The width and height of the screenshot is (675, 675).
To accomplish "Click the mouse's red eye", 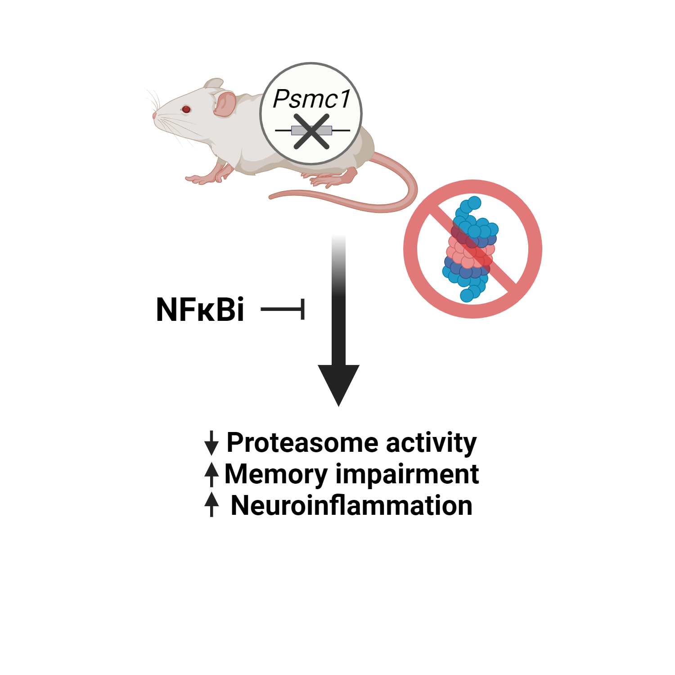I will click(x=186, y=109).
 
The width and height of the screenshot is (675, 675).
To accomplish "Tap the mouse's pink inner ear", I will click(x=225, y=104).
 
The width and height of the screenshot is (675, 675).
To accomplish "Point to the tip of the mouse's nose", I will click(x=154, y=116).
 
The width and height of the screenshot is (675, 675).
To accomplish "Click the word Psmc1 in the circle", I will click(x=311, y=99).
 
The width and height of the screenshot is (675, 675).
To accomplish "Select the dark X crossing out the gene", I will click(x=311, y=131).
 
